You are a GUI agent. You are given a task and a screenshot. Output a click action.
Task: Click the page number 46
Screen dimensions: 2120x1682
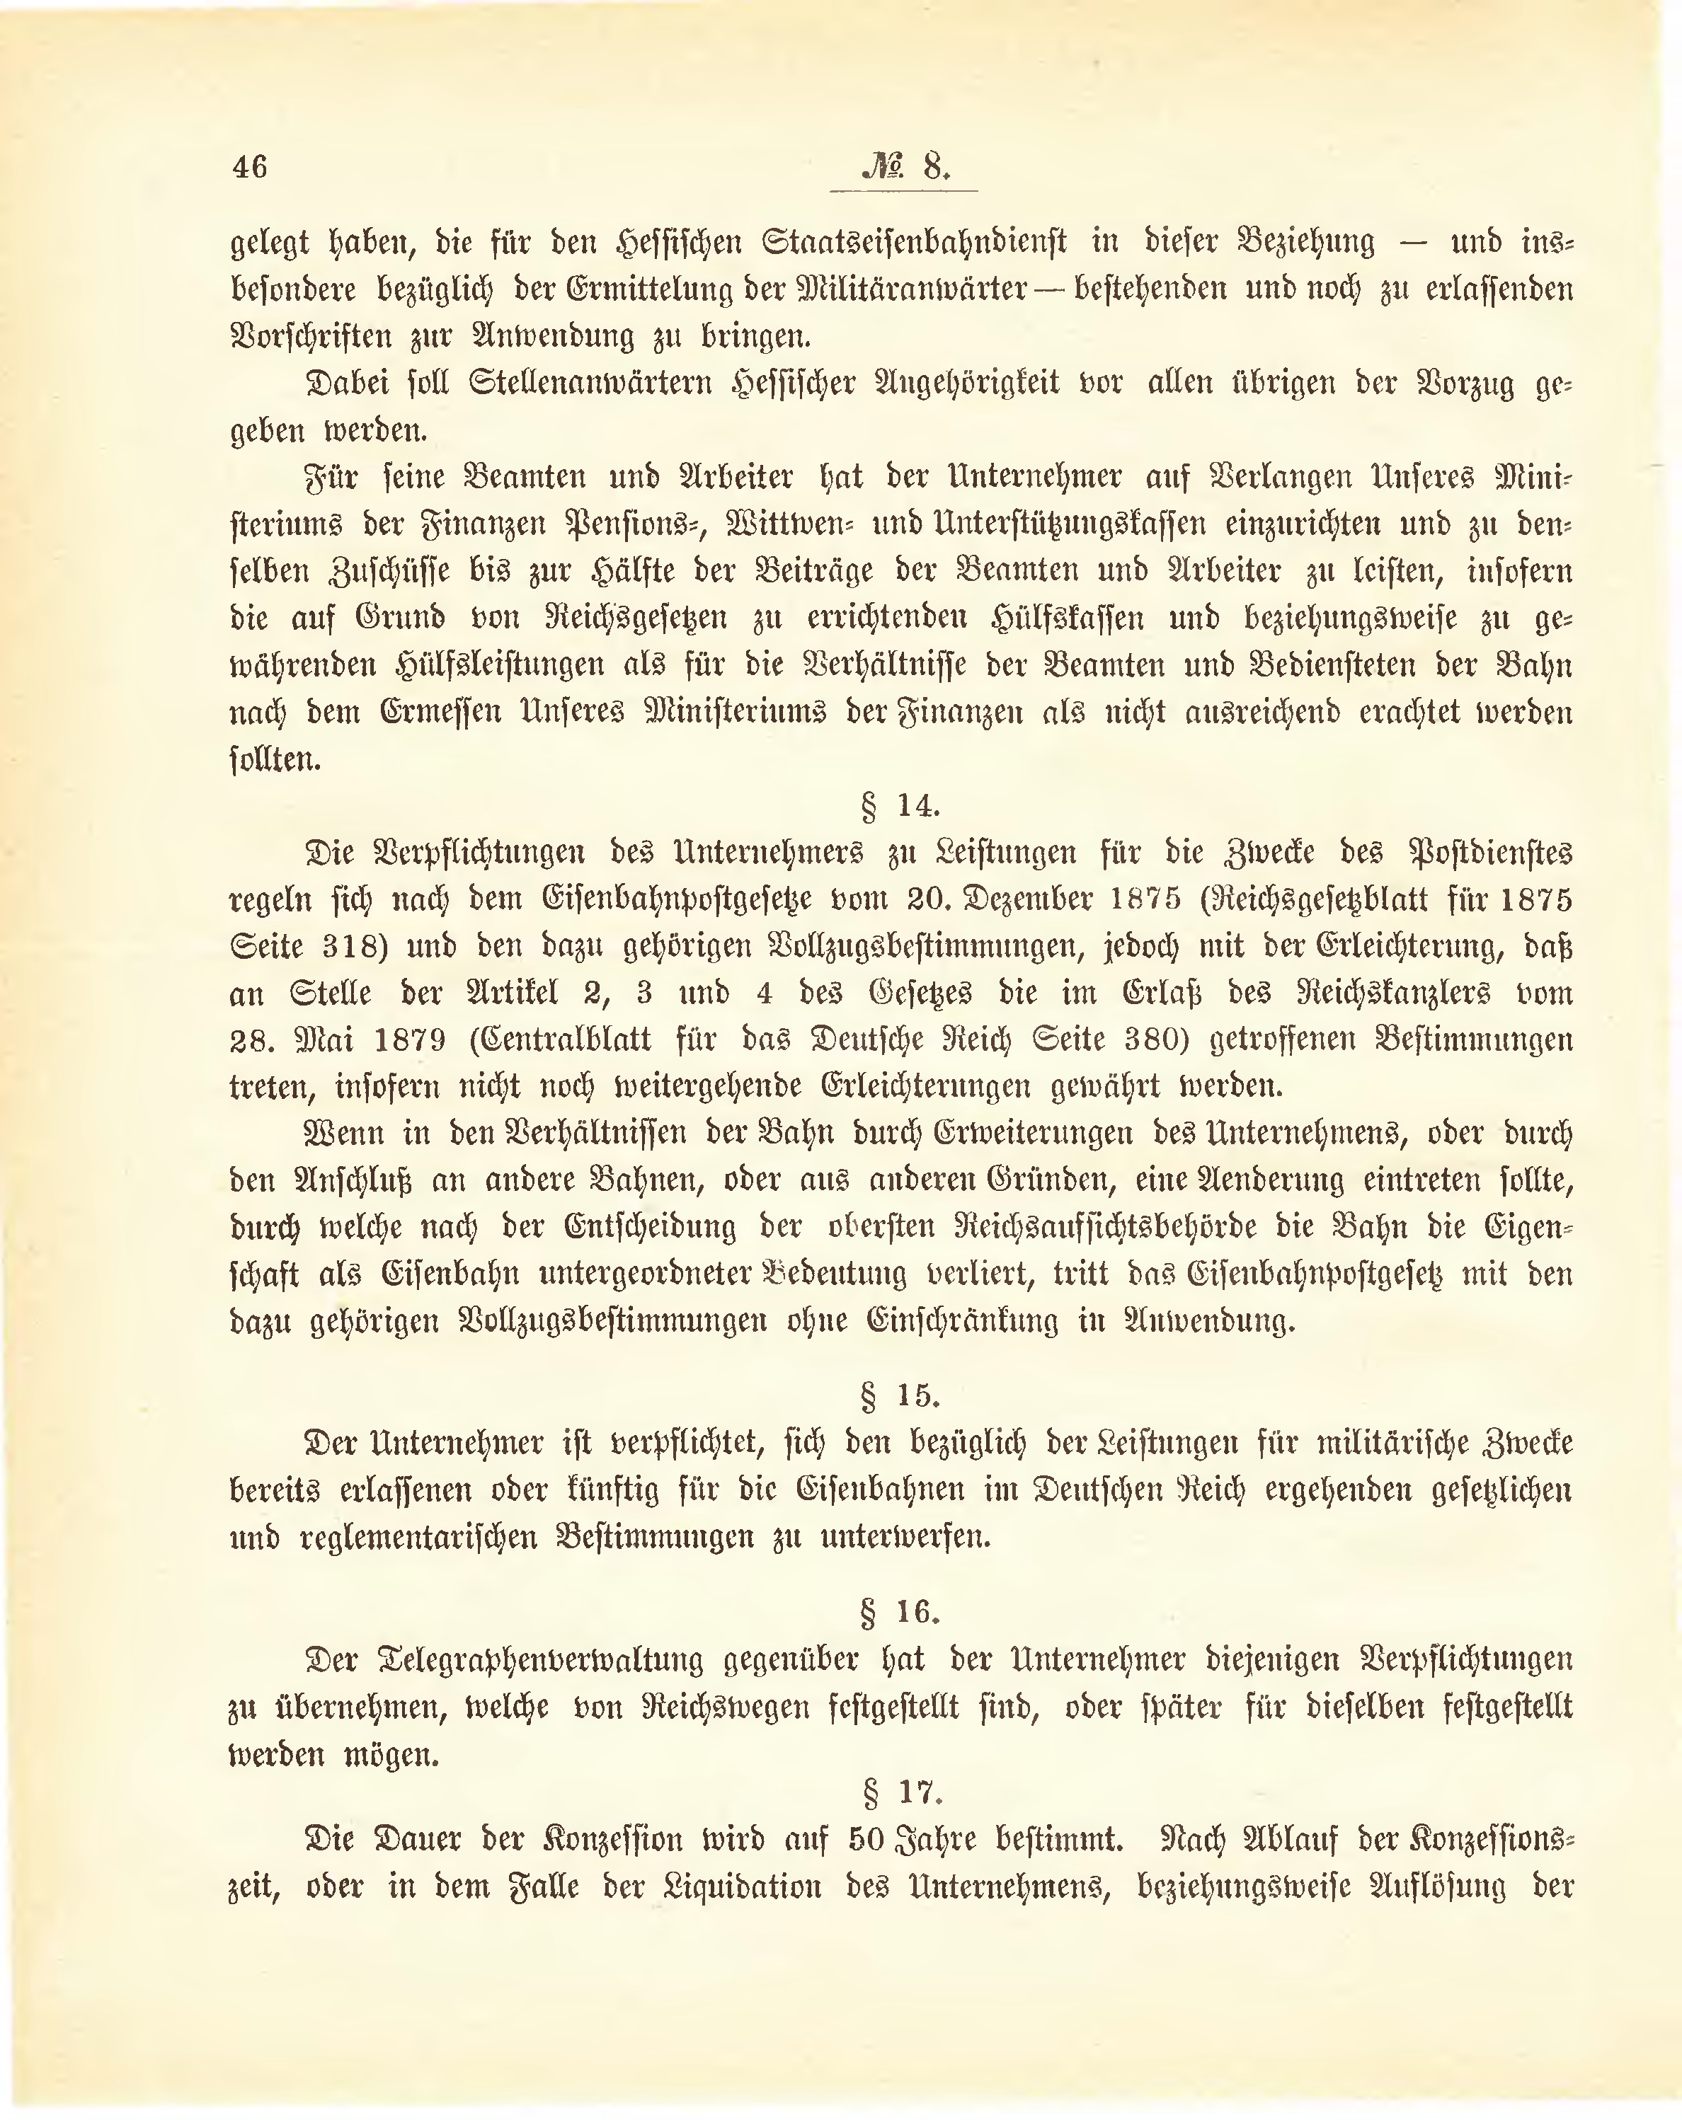click(250, 166)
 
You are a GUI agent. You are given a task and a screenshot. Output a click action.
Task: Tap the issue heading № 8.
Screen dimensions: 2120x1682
click(905, 166)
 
